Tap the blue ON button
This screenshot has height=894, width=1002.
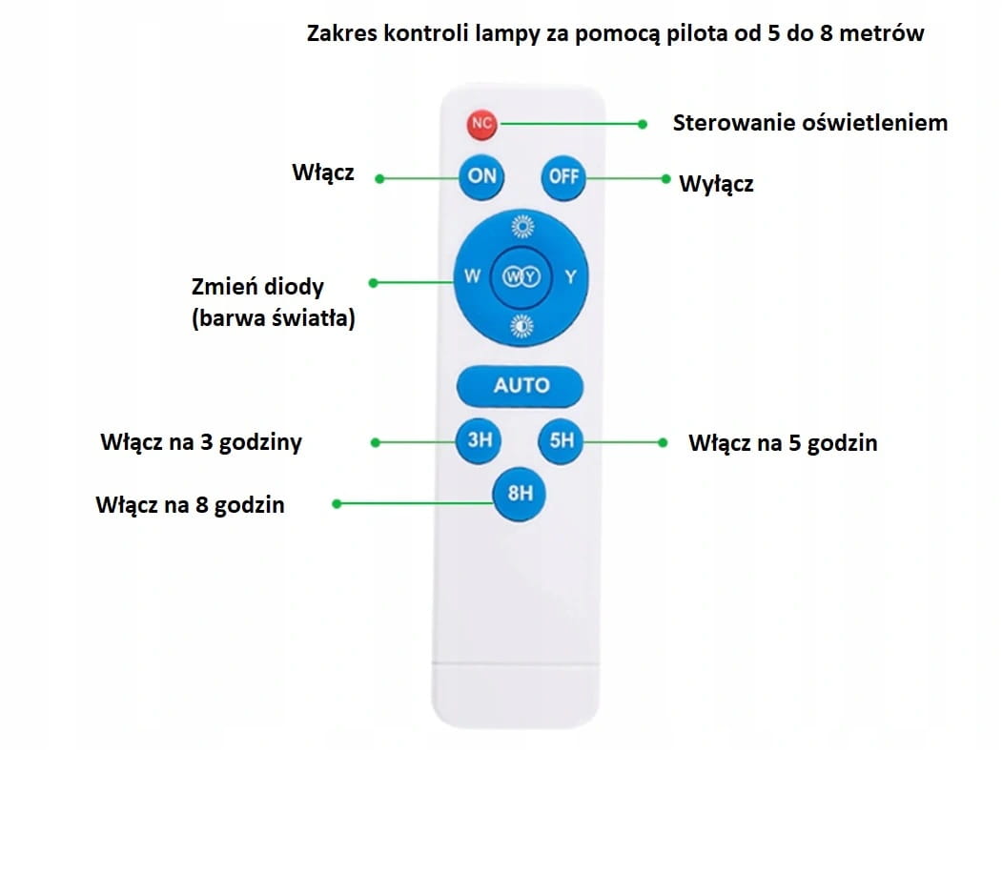(x=482, y=176)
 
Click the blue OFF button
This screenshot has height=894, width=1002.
(x=563, y=176)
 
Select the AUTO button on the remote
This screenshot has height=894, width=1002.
(x=521, y=386)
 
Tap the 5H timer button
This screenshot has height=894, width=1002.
(x=562, y=440)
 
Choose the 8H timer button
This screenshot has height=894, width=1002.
(x=520, y=494)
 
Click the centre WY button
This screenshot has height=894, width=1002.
(x=521, y=277)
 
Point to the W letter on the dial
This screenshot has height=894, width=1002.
(x=472, y=277)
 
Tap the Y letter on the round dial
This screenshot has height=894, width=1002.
(x=571, y=277)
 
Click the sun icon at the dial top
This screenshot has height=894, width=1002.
(x=521, y=227)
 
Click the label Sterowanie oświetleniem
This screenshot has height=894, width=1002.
(x=809, y=123)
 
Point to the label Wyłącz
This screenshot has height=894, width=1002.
(x=716, y=184)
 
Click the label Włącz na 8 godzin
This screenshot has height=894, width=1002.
(x=190, y=505)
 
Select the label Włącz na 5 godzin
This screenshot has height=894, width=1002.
(x=782, y=443)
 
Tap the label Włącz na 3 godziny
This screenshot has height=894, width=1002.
(x=201, y=443)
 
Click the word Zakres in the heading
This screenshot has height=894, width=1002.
(x=340, y=33)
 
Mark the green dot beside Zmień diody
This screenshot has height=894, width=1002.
(x=373, y=283)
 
